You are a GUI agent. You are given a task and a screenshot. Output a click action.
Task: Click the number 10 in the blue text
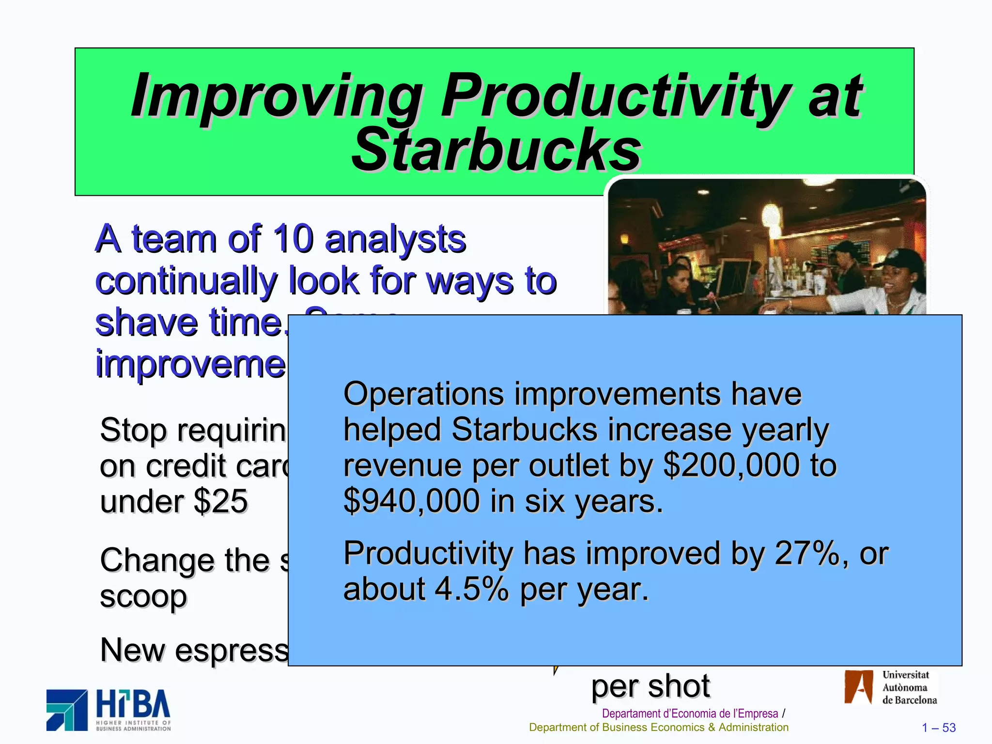pyautogui.click(x=293, y=239)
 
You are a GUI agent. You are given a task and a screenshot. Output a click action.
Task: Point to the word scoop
pyautogui.click(x=143, y=597)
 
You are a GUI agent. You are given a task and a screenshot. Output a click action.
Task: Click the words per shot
pyautogui.click(x=650, y=686)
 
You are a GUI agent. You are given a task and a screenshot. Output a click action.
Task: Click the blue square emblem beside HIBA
pyautogui.click(x=67, y=710)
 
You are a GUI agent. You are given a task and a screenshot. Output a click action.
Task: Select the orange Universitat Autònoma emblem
pyautogui.click(x=858, y=687)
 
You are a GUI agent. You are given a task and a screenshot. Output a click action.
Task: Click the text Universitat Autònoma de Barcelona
pyautogui.click(x=909, y=687)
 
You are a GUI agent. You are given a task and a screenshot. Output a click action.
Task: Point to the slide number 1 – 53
pyautogui.click(x=938, y=728)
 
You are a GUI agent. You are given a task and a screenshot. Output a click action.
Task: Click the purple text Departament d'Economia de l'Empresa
pyautogui.click(x=690, y=713)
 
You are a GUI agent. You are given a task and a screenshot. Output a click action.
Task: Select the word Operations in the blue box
pyautogui.click(x=423, y=393)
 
